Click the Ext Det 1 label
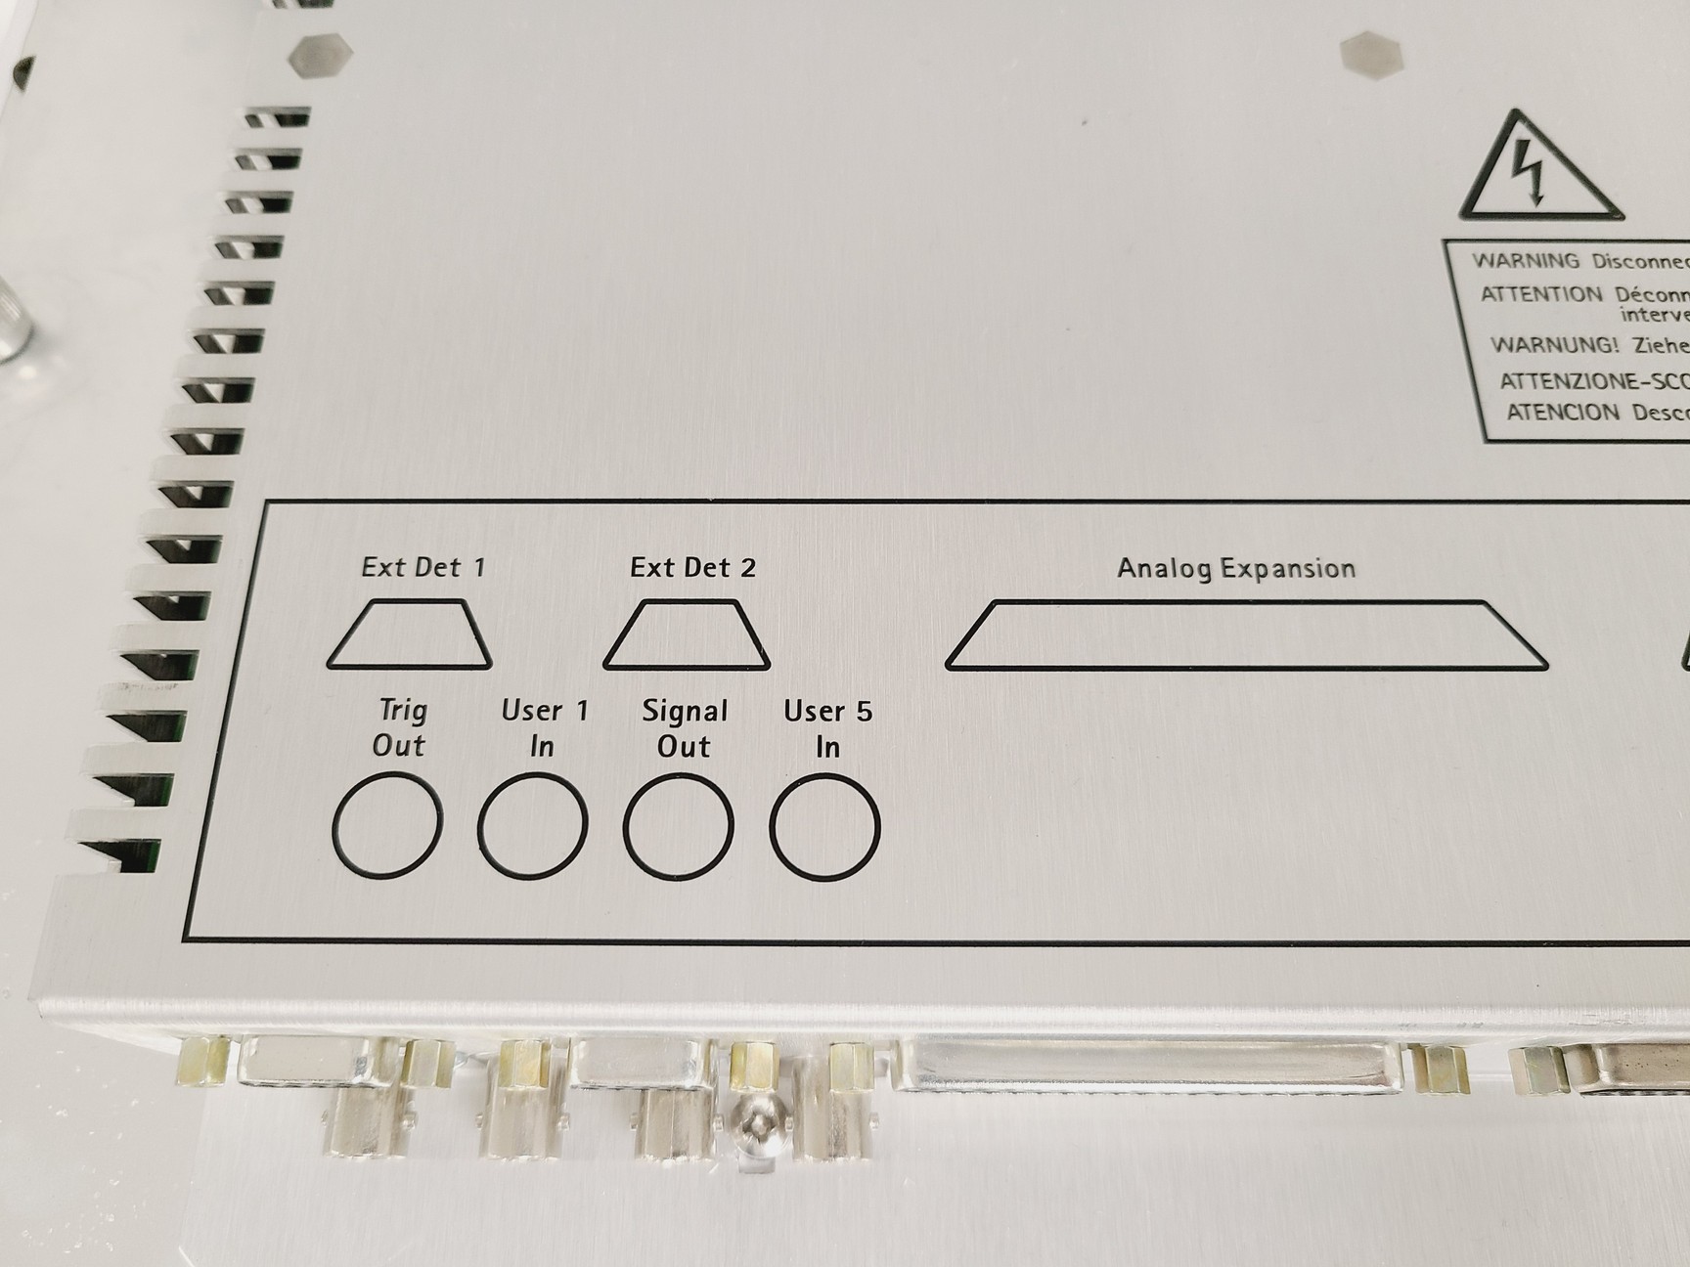coord(422,567)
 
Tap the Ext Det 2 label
coord(692,568)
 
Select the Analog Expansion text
coord(1236,569)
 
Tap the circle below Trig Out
coord(386,823)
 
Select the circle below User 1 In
coord(532,824)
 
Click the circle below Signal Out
coord(678,825)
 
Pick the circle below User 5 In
coord(824,826)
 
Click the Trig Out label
coord(400,727)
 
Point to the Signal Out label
coord(685,728)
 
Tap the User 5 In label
coord(827,728)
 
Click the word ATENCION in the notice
coord(1563,413)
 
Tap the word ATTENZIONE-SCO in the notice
coord(1594,380)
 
